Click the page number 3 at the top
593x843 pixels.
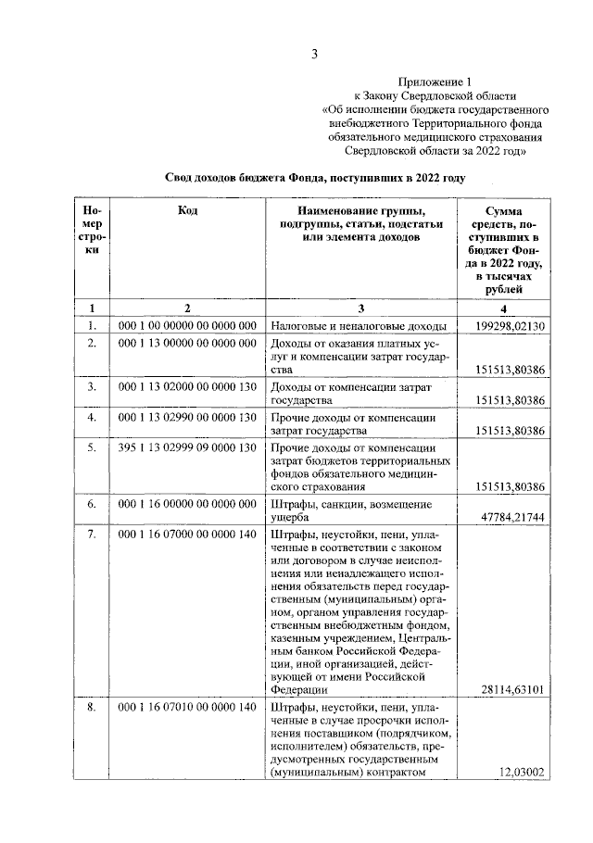pyautogui.click(x=313, y=53)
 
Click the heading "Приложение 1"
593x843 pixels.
pyautogui.click(x=433, y=82)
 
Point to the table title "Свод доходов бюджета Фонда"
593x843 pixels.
pyautogui.click(x=314, y=176)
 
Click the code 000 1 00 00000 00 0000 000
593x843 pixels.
pyautogui.click(x=187, y=326)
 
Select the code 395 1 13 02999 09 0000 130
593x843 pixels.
pyautogui.click(x=187, y=449)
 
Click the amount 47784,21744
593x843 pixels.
pyautogui.click(x=513, y=515)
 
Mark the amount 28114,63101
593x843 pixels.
pyautogui.click(x=513, y=689)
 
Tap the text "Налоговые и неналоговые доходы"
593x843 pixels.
pyautogui.click(x=360, y=327)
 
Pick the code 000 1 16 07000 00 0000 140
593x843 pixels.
pyautogui.click(x=187, y=535)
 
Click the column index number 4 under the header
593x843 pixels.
pyautogui.click(x=504, y=308)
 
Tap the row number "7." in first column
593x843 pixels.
pyautogui.click(x=92, y=535)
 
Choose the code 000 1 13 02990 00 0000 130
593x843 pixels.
pyautogui.click(x=187, y=418)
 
